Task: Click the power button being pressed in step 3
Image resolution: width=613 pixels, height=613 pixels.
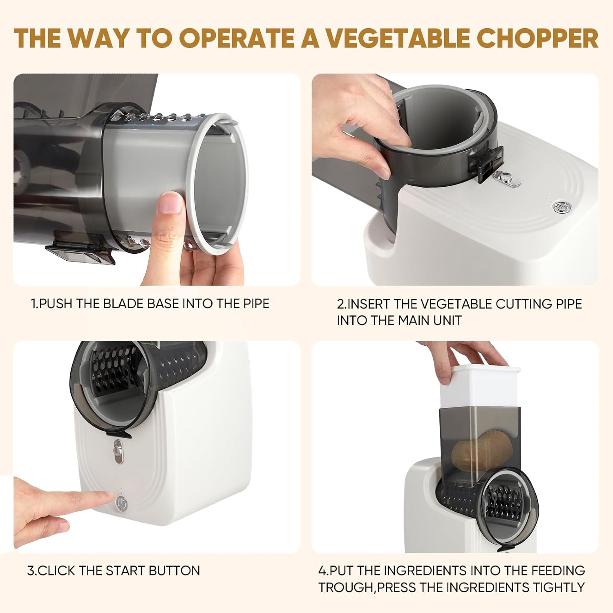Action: coord(122,503)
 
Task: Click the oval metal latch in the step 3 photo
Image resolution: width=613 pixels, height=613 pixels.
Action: coord(118,452)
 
